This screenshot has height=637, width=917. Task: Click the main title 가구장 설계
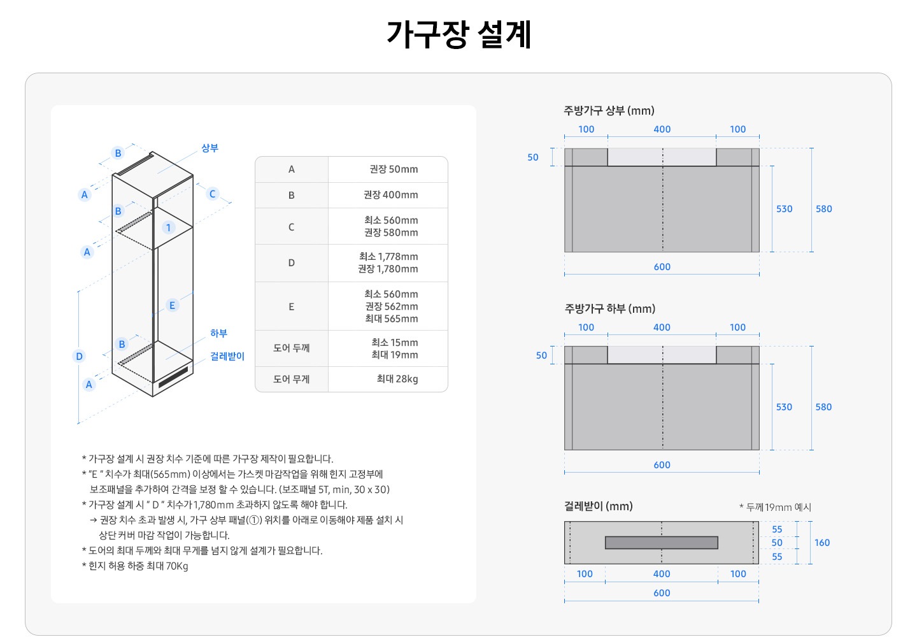[458, 34]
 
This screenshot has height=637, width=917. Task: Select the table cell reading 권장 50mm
[394, 169]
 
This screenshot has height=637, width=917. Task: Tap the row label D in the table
[291, 263]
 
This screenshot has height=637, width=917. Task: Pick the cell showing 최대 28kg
[397, 379]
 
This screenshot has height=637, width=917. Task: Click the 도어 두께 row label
[291, 348]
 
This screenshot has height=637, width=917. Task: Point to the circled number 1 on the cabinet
[168, 227]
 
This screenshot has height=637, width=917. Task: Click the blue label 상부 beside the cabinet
[210, 148]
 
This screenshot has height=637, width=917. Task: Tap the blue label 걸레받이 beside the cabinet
[227, 356]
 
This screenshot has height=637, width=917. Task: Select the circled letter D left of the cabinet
[79, 356]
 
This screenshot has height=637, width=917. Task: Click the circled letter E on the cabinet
[172, 305]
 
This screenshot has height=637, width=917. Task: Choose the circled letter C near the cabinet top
[213, 194]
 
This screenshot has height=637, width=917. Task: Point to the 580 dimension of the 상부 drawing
[823, 209]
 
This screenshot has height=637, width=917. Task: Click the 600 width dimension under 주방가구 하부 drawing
[662, 465]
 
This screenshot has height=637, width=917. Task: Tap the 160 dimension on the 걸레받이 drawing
[821, 543]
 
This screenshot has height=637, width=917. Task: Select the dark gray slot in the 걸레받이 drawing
[661, 543]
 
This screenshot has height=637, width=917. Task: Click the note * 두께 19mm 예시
[775, 507]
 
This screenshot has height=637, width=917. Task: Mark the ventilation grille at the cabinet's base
[173, 378]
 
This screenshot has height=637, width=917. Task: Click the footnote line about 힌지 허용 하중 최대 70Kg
[135, 566]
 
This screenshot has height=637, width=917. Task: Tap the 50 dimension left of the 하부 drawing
[541, 355]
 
